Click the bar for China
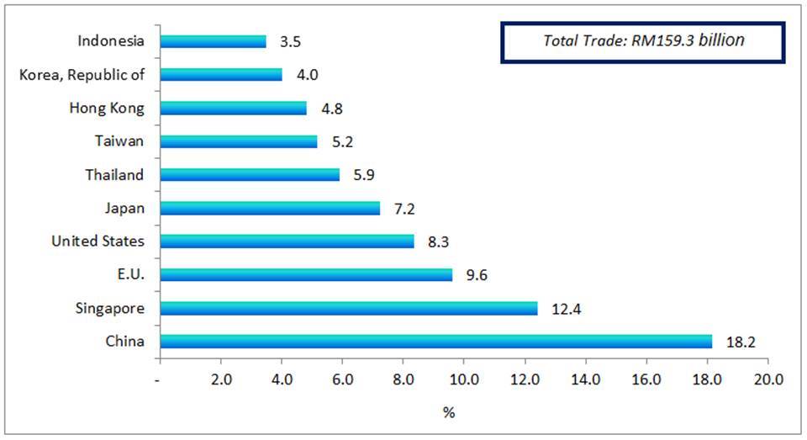coord(435,342)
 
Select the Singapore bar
coord(348,309)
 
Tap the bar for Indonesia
coord(213,41)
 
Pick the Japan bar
coord(269,208)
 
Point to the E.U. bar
coord(305,274)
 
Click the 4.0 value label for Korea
coord(308,75)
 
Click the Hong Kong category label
coord(109,108)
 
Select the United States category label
coord(98,241)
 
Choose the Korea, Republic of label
coord(82,75)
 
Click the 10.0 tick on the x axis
coord(463,379)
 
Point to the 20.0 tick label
coord(767,379)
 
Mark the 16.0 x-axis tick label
coord(646,379)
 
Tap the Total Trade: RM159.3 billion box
coord(643,40)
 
